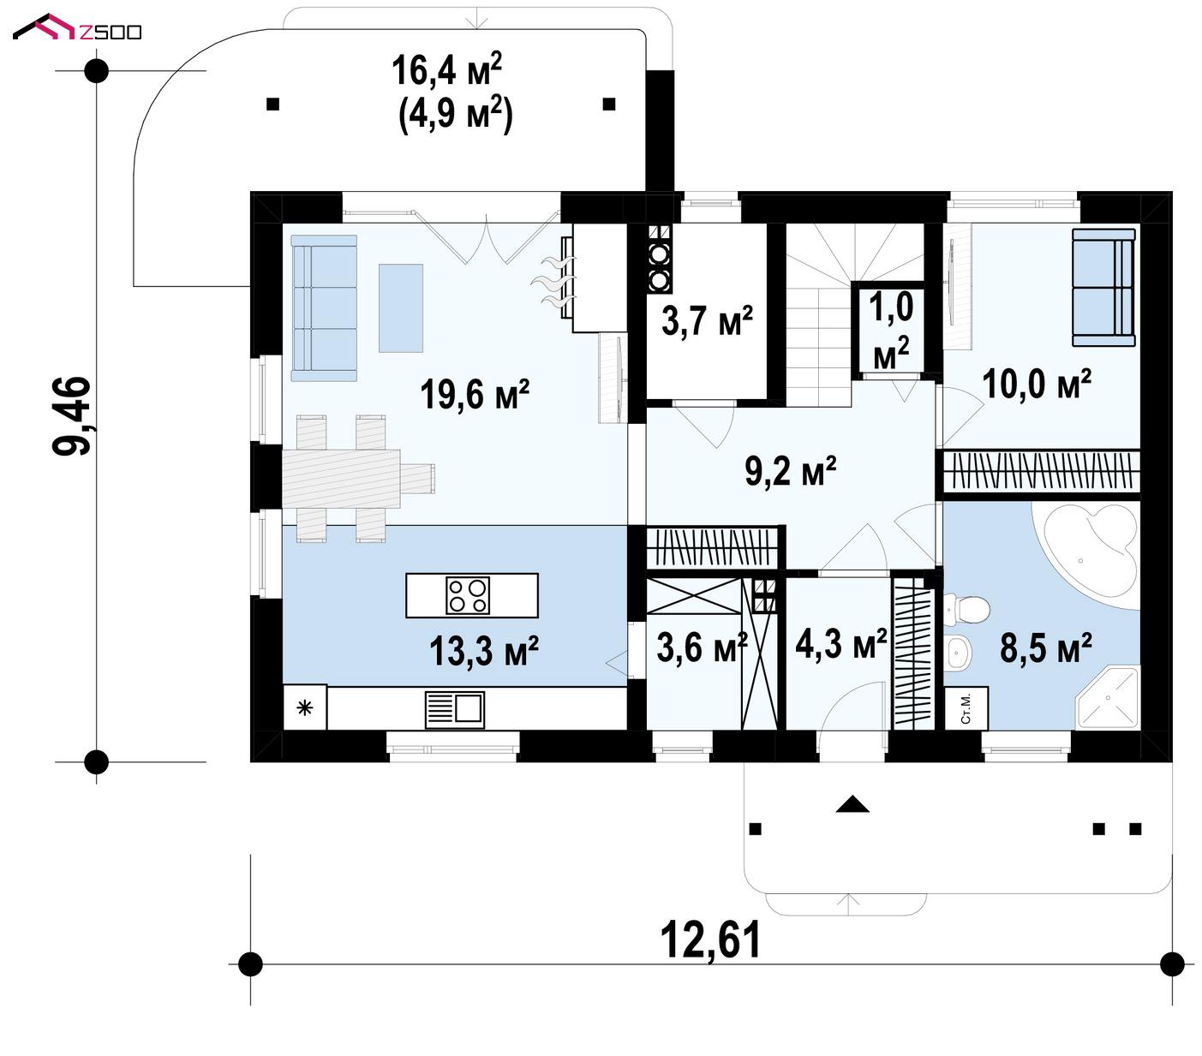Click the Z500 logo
coord(77,27)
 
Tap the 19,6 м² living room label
coord(475,394)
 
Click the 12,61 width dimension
coord(710,940)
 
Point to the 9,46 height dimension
coord(72,416)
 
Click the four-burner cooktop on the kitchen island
coord(468,595)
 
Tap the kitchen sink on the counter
coord(454,709)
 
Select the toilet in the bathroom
coord(966,610)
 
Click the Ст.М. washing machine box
coord(966,707)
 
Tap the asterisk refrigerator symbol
coord(305,707)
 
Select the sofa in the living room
coord(324,307)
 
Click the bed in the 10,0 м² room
coord(1103,288)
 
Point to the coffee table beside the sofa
coord(401,308)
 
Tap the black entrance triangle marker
coord(852,804)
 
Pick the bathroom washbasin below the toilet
coord(958,653)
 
